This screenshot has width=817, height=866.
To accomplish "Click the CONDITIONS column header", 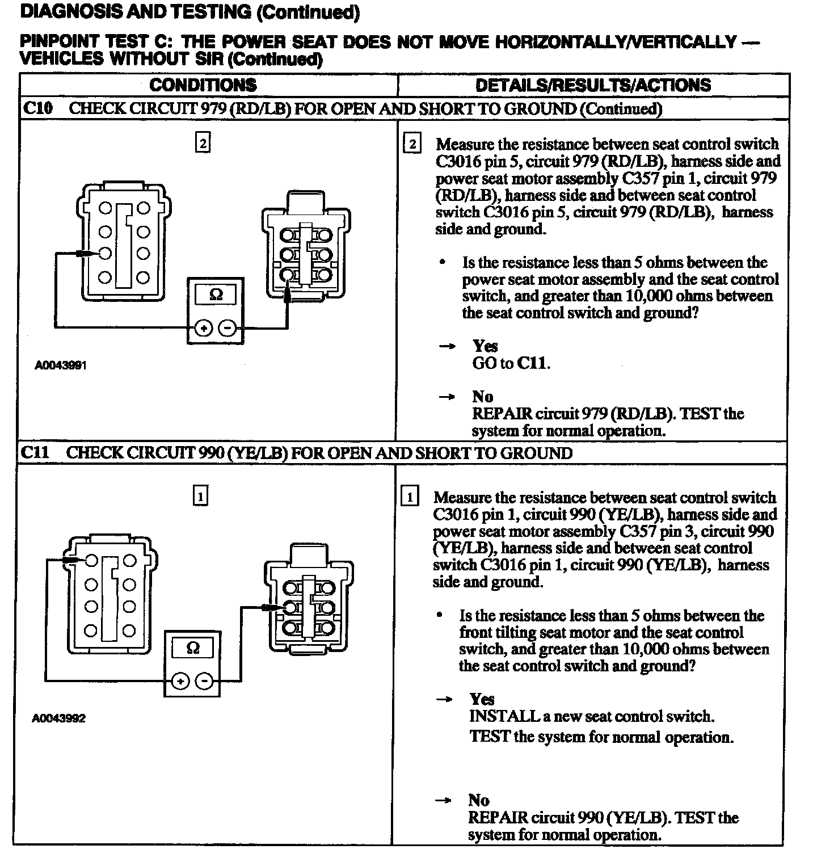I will point(203,85).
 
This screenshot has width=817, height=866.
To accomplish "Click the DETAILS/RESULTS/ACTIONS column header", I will point(593,85).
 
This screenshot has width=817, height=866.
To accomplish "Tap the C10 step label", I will point(37,108).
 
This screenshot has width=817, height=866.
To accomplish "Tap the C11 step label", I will point(36,453).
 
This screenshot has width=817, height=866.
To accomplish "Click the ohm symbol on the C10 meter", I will point(216,295).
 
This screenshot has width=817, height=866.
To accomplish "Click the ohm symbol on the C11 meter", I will point(192,648).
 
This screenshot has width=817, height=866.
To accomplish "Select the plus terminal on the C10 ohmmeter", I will point(203,328).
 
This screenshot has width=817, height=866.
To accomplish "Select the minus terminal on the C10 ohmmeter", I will point(228,328).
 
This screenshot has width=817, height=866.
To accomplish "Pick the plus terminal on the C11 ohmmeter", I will point(180,681).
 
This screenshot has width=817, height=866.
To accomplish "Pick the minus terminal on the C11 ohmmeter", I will point(204,681).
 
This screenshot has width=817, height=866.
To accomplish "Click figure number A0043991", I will point(61,365).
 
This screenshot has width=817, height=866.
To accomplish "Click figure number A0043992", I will point(58,718).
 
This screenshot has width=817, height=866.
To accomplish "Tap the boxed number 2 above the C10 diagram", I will point(203,142).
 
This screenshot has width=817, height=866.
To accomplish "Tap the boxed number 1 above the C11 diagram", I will point(200,497).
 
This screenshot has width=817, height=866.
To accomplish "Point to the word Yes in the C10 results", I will point(485,346).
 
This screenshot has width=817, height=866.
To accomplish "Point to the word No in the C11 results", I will point(479,800).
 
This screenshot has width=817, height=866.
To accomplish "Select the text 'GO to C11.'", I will point(511,363).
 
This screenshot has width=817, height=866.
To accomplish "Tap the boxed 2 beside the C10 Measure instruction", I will point(411,144).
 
